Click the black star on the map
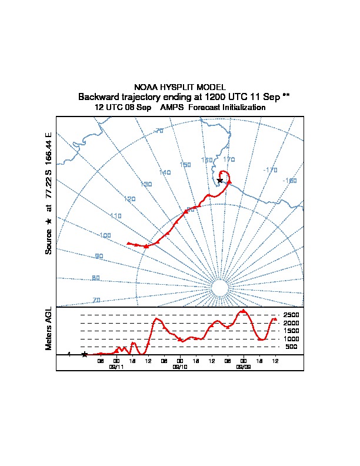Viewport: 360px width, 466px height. coord(220,180)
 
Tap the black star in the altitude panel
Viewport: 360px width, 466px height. coord(85,354)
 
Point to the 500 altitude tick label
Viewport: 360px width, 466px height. coord(292,347)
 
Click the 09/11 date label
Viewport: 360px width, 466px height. coord(116,367)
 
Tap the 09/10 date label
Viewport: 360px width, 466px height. coord(180,367)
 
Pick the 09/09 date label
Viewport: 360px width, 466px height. coord(244,367)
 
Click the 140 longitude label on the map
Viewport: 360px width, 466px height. coord(165,172)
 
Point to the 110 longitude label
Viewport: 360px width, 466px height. coord(115,216)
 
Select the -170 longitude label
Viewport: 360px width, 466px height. coord(271,170)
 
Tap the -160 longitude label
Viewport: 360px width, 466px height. coord(289,181)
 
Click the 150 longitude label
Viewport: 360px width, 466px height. coord(185,165)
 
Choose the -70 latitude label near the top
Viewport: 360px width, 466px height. coord(158,131)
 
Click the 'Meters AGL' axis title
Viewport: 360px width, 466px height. coord(49,328)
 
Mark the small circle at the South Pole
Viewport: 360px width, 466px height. coord(219,288)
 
